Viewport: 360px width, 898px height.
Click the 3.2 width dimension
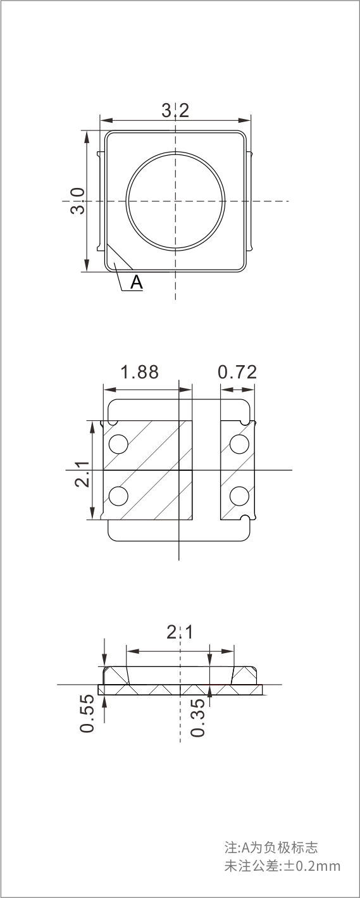(175, 110)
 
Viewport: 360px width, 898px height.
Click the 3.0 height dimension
(78, 201)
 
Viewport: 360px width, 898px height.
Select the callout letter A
(137, 282)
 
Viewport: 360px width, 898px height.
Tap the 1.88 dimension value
(140, 372)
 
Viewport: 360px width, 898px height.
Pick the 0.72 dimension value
(237, 372)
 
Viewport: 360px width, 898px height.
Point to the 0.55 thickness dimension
(87, 713)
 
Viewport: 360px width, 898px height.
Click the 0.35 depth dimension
(197, 718)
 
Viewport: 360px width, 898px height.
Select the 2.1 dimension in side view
(180, 633)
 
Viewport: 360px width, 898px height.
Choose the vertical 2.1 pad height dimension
(82, 474)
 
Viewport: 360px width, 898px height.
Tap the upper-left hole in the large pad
(118, 444)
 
